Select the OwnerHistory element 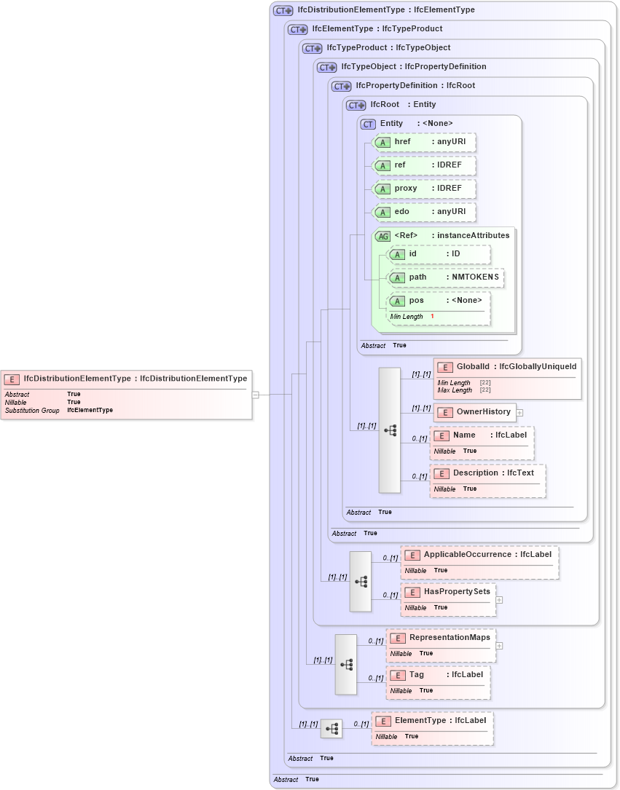point(476,412)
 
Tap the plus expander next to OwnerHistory point(519,412)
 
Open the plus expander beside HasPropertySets point(500,600)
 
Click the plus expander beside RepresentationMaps point(500,645)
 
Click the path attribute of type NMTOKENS point(446,277)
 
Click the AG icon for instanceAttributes point(382,236)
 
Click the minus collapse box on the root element point(255,395)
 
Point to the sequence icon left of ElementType point(331,728)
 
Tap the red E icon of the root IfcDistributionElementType point(12,379)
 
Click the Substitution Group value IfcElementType point(90,410)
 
